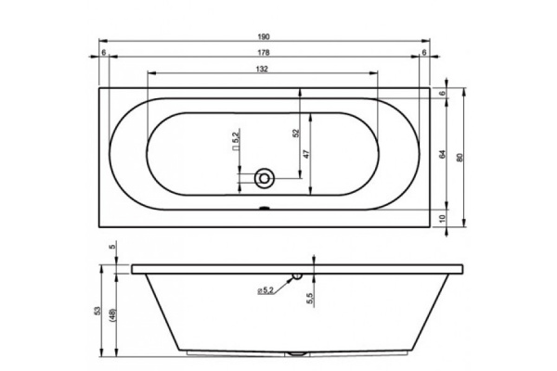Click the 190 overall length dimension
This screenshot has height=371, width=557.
264,36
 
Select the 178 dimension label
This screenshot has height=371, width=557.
264,53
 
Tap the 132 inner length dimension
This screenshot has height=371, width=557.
262,69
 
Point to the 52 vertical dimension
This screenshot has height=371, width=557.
297,133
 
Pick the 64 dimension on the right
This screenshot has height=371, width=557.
443,155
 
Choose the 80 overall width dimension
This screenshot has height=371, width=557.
460,158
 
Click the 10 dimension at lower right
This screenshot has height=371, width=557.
442,218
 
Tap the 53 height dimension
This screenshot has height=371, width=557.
98,311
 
